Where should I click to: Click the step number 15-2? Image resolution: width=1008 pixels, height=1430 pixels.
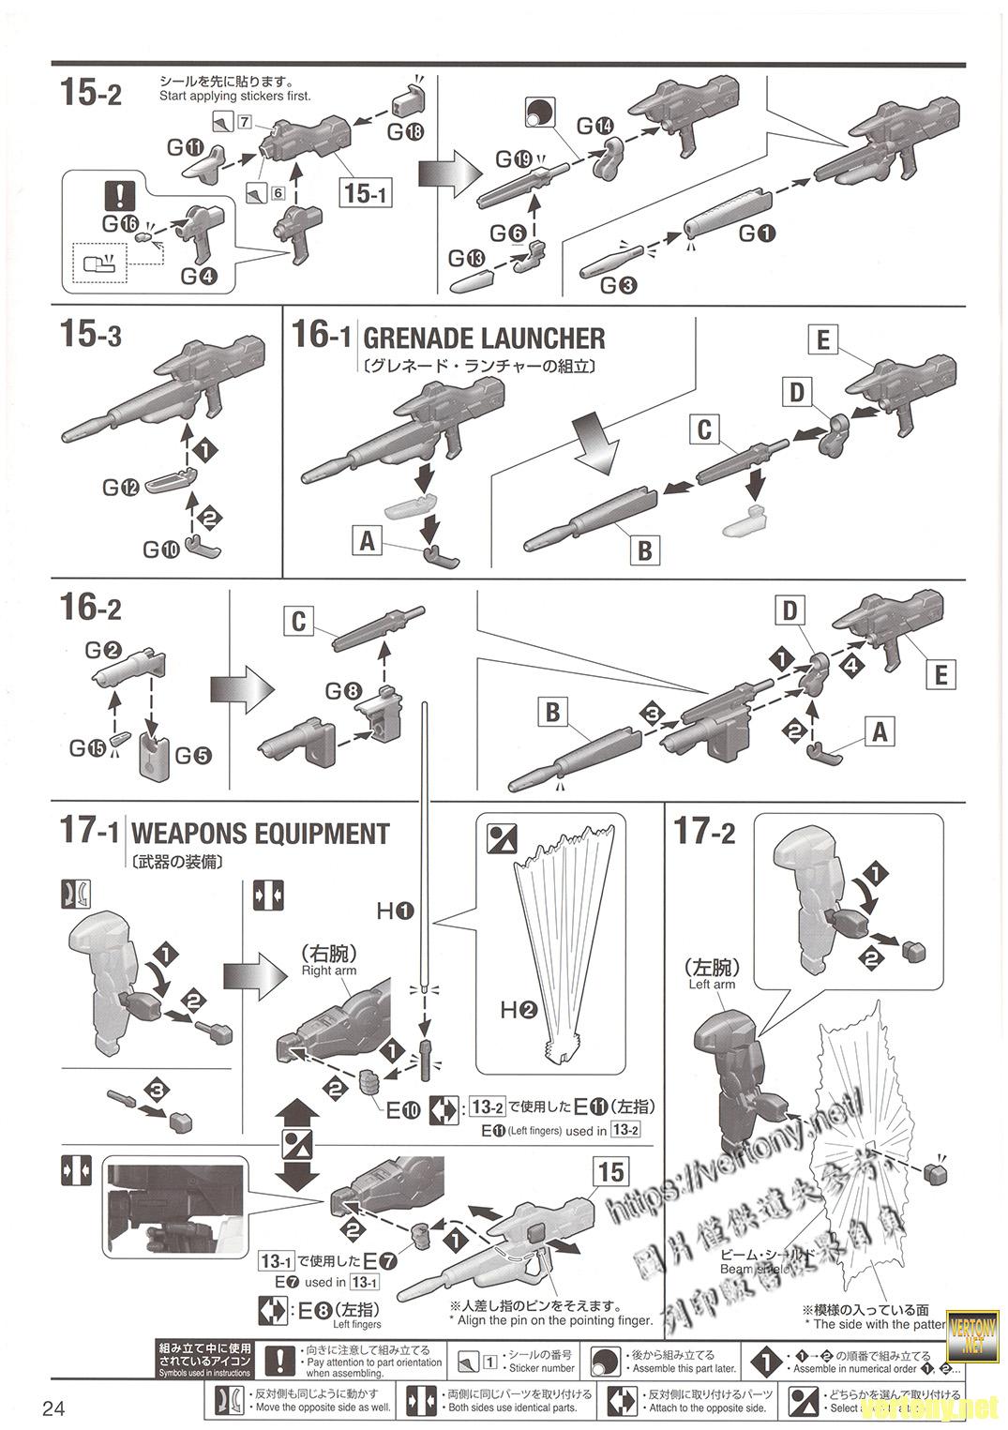90,93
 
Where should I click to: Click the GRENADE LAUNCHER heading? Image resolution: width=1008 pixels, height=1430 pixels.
483,338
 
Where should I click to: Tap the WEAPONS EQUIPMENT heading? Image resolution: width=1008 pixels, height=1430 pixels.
260,834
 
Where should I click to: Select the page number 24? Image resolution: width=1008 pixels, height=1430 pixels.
53,1408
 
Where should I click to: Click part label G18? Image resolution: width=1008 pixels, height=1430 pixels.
405,131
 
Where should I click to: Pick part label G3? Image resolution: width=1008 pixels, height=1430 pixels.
619,285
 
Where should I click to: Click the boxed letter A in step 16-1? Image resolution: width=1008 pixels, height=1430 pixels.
367,540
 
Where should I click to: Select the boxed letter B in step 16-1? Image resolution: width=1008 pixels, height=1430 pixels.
643,549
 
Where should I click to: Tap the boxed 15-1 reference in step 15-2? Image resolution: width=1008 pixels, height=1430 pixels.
366,193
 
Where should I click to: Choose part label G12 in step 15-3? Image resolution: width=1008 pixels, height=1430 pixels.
121,488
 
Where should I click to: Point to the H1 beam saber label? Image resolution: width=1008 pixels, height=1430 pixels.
395,910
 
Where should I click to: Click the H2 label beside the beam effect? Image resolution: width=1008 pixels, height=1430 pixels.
518,1010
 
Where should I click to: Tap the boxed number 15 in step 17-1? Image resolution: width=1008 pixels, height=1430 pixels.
609,1171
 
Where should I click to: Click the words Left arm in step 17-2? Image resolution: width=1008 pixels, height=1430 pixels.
712,985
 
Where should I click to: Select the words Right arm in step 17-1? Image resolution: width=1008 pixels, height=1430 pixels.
329,971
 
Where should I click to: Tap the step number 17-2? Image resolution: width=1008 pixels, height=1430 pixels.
705,833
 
